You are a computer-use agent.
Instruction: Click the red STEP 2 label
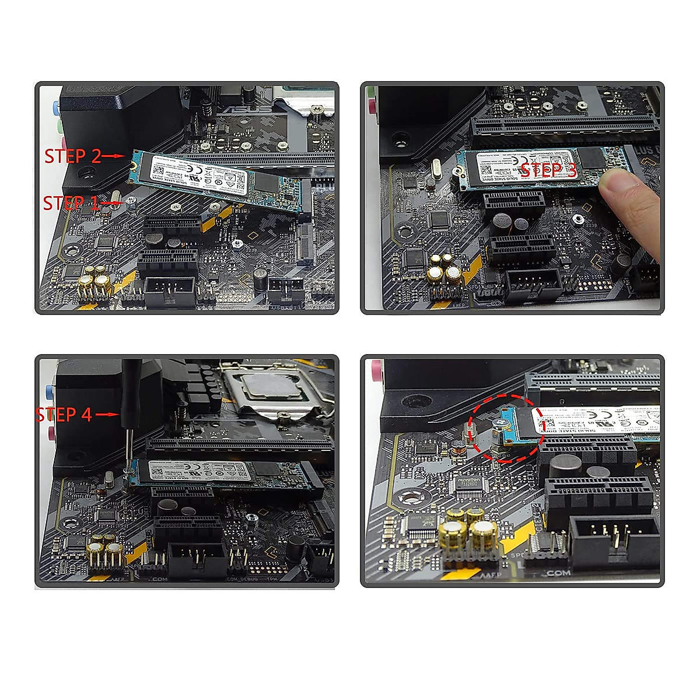point(73,156)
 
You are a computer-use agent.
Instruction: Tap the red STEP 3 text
point(548,170)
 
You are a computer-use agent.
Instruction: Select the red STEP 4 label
point(64,414)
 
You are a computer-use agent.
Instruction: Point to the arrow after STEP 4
point(107,414)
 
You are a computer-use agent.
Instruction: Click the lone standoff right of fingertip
point(576,219)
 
